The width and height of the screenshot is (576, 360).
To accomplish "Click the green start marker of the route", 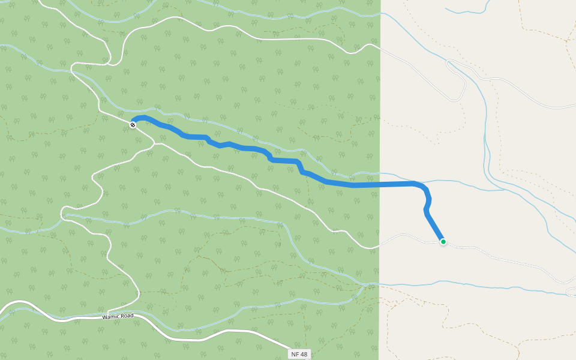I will (x=443, y=242).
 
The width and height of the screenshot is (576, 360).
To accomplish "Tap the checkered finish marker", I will (x=133, y=125).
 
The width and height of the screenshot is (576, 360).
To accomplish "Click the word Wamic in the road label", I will (x=112, y=317).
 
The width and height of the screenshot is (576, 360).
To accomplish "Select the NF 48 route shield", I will (x=299, y=354).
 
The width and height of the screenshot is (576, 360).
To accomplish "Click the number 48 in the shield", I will (x=304, y=354).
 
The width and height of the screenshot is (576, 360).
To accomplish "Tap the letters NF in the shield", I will (x=295, y=354).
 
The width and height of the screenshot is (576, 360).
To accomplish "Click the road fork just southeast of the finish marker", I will (x=155, y=143).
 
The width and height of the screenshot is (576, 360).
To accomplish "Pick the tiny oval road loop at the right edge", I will (x=571, y=292).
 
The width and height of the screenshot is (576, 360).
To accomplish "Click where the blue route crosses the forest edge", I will (x=380, y=184).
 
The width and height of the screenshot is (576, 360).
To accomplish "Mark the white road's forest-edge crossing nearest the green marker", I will (x=380, y=245).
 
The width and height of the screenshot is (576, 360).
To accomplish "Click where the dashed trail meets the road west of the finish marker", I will (x=100, y=110).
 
